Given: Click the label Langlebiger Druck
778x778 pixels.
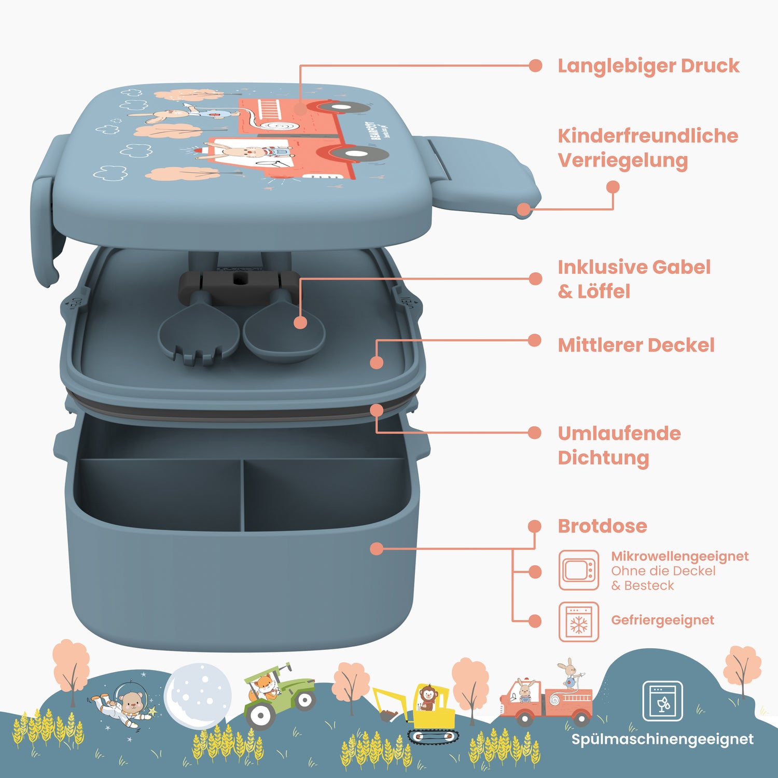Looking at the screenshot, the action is pyautogui.click(x=648, y=66).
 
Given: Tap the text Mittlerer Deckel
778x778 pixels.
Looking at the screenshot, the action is pyautogui.click(x=636, y=345).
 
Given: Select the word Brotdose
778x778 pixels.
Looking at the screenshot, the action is pyautogui.click(x=602, y=526).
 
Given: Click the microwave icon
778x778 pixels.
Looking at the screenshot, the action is pyautogui.click(x=579, y=570).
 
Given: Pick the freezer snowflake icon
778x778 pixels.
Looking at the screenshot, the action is pyautogui.click(x=579, y=622).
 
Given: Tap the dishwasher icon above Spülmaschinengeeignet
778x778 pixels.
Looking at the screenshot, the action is pyautogui.click(x=662, y=701).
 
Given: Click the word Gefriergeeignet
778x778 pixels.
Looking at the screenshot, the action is pyautogui.click(x=662, y=620).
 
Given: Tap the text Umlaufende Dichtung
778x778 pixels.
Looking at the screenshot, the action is pyautogui.click(x=619, y=446).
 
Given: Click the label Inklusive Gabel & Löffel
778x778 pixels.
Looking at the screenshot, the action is pyautogui.click(x=634, y=279).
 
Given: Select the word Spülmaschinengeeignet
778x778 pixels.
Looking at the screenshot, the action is pyautogui.click(x=662, y=740).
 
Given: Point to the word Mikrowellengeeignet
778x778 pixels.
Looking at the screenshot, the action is pyautogui.click(x=679, y=556).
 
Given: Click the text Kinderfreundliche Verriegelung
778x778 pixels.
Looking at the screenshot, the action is pyautogui.click(x=648, y=148).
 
